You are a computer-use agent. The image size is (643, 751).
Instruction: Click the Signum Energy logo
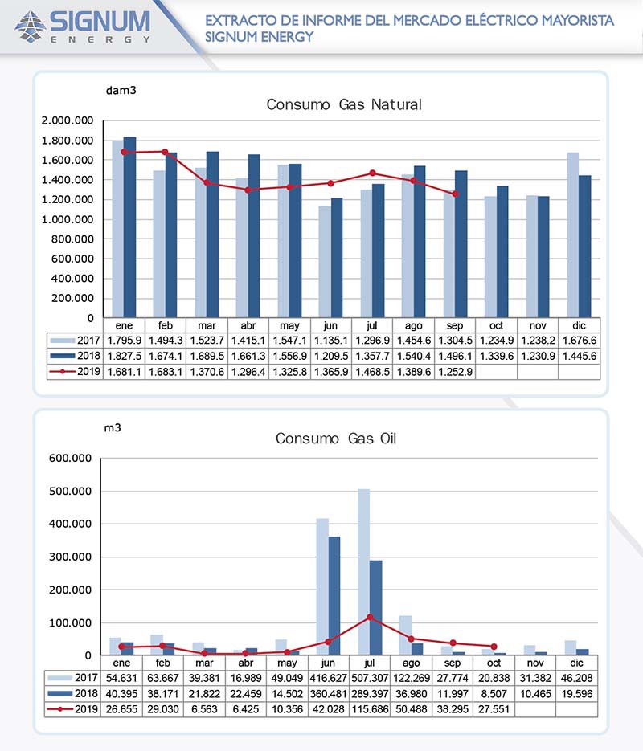point(82,26)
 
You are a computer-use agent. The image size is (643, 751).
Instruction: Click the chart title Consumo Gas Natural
point(344,104)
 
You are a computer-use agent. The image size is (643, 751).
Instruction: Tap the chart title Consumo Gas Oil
point(335,439)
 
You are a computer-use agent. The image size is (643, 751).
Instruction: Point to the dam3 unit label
point(121,90)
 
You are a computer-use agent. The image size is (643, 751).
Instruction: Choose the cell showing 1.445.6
point(578,357)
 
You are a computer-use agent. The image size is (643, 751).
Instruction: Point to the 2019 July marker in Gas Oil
point(370,617)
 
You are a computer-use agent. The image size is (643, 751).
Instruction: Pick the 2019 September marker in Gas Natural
point(455,194)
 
